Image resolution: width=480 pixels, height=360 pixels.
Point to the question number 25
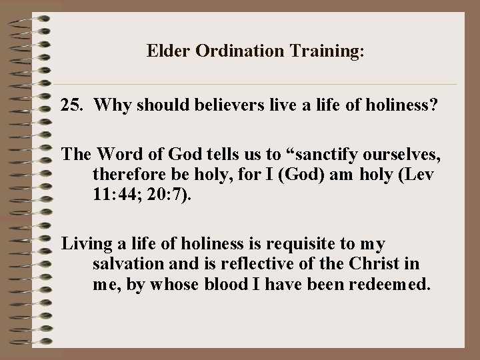tap(72, 105)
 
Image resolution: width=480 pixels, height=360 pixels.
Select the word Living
tap(85, 245)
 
